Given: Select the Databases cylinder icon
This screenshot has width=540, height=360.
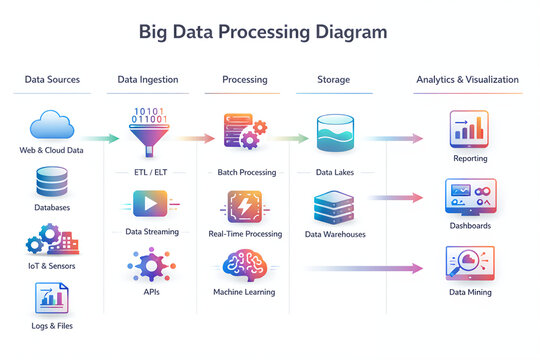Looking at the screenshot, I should click(52, 183).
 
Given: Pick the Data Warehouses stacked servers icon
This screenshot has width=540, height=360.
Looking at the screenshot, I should click(335, 207).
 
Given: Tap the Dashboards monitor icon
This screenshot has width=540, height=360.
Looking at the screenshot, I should click(469, 198).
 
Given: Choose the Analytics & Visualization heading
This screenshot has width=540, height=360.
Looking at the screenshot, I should click(467, 79).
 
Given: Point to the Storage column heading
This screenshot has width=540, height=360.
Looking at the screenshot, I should click(333, 79).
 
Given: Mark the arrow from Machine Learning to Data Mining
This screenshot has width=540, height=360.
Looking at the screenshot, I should click(360, 268).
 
